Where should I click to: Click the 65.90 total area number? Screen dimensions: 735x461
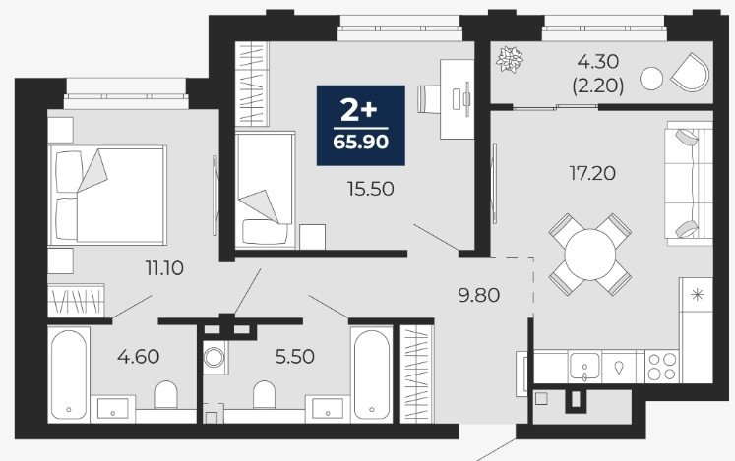pyautogui.click(x=360, y=141)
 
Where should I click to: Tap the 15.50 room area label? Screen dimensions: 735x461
pyautogui.click(x=370, y=189)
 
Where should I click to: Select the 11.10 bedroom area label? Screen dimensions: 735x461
pyautogui.click(x=164, y=268)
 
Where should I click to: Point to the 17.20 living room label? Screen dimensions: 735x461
pyautogui.click(x=592, y=173)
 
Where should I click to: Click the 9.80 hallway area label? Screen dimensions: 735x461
pyautogui.click(x=478, y=295)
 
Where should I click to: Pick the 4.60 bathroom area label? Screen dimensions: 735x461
pyautogui.click(x=139, y=357)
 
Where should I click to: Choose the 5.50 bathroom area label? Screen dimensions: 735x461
pyautogui.click(x=294, y=357)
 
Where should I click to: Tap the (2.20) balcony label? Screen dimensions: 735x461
pyautogui.click(x=598, y=86)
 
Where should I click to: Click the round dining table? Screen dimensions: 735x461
pyautogui.click(x=589, y=255)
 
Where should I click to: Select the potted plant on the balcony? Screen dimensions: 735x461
pyautogui.click(x=510, y=59)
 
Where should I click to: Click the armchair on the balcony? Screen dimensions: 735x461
pyautogui.click(x=691, y=72)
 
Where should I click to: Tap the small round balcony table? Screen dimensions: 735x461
pyautogui.click(x=651, y=79)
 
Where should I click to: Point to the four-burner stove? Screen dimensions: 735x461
pyautogui.click(x=662, y=367)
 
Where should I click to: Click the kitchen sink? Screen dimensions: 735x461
pyautogui.click(x=584, y=367)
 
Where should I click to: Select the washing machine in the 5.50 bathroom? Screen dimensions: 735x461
pyautogui.click(x=215, y=357)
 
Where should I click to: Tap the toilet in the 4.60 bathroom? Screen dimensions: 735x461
pyautogui.click(x=166, y=394)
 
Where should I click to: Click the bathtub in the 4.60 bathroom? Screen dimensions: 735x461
pyautogui.click(x=69, y=375)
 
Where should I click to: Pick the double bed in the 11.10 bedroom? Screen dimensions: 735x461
pyautogui.click(x=108, y=195)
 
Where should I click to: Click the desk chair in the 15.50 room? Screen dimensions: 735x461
pyautogui.click(x=428, y=99)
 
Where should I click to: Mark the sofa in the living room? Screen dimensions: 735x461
pyautogui.click(x=689, y=183)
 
